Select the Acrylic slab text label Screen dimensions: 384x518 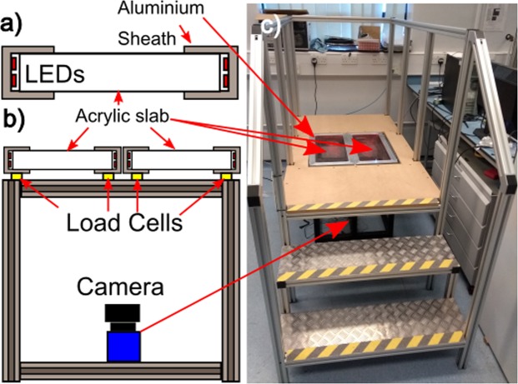click(x=124, y=113)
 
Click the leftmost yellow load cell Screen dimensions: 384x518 click(x=16, y=177)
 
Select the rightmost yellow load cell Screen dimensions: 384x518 click(x=226, y=177)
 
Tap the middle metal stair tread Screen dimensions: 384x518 click(x=367, y=265)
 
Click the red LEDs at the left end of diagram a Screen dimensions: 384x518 click(x=18, y=72)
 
